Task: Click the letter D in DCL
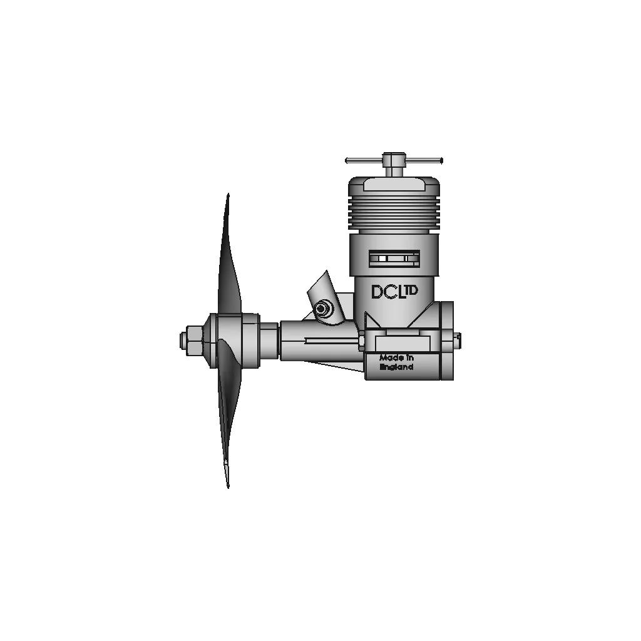[x=377, y=292]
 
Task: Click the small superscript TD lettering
[x=411, y=290]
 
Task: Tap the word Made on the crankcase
[x=388, y=357]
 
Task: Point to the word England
[x=396, y=367]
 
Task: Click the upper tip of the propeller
[x=228, y=194]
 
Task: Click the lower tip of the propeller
[x=228, y=486]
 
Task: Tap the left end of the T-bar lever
[x=347, y=160]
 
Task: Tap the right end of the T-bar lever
[x=441, y=160]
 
